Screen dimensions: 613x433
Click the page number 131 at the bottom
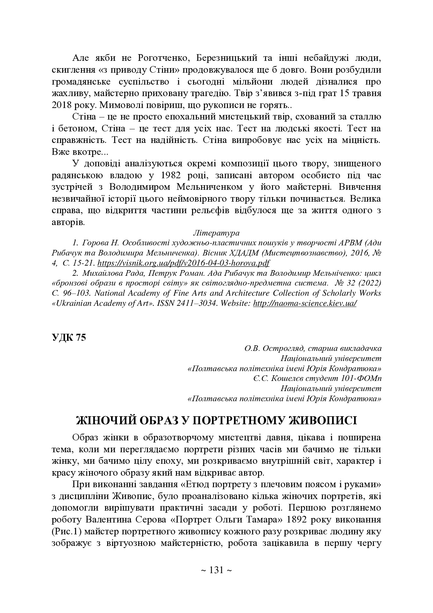[216, 570]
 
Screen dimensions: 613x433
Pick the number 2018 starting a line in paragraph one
[61, 105]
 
